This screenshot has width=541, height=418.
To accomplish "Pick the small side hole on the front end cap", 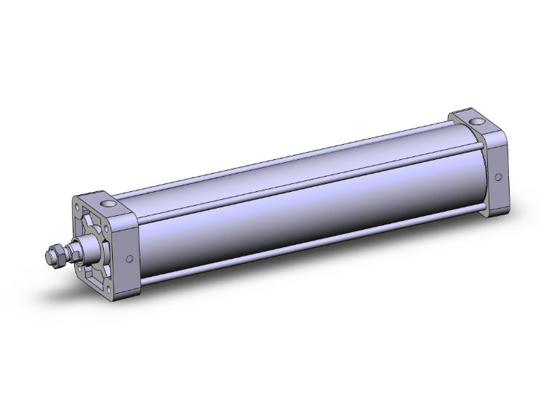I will [129, 259].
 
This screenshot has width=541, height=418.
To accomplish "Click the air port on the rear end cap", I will [476, 118].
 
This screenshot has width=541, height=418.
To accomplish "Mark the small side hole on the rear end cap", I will [498, 177].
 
